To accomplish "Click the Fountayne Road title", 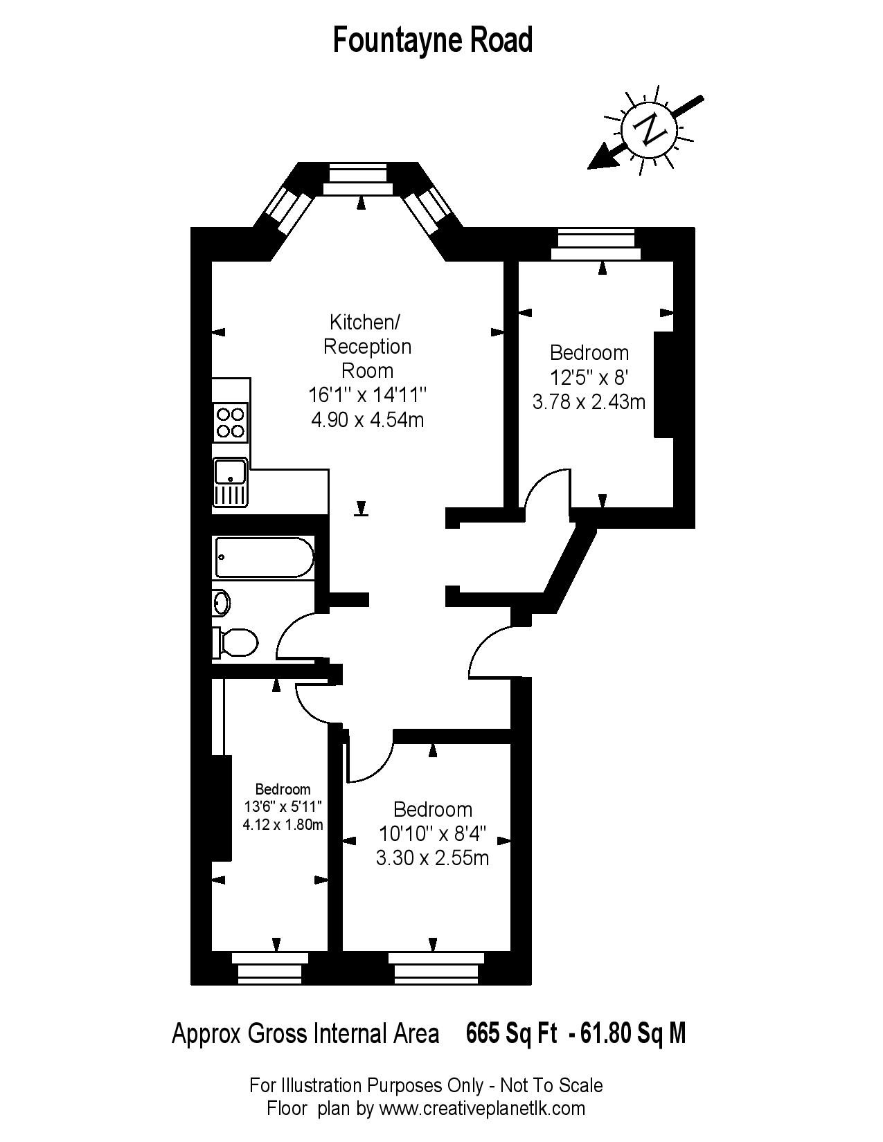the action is (433, 40).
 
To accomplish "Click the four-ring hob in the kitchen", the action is (231, 423).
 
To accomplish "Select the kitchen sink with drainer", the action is (230, 482).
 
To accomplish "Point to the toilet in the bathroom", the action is (235, 643).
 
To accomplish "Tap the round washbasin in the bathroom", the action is (221, 602).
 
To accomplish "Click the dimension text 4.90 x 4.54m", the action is (368, 420).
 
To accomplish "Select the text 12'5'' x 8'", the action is (589, 377).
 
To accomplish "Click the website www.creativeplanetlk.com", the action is (482, 1108).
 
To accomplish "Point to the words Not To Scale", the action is (551, 1085).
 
